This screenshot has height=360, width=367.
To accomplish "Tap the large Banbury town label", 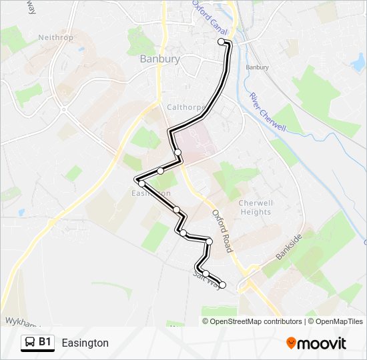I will pos(160,59).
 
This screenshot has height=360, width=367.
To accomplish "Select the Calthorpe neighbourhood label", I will pos(184,107).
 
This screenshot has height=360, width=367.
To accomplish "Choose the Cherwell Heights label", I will pos(256,207).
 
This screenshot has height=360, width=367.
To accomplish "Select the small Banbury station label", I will pos(257,67).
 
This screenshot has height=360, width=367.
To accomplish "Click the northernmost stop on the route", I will pos(222,41).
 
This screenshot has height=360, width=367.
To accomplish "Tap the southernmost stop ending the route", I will pos(222,285).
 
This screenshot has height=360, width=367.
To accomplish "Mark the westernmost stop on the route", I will pos(141,182).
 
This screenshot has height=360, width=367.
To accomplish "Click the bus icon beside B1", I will pos(29,343).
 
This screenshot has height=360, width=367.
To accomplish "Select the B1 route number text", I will pos(45,343).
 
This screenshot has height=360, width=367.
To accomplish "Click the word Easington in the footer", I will pos(85,343).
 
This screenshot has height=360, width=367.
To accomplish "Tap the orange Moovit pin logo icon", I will pos(292,343).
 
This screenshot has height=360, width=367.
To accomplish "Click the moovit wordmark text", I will pos(322,343).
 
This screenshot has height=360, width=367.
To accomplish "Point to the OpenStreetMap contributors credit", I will pos(256,321).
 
